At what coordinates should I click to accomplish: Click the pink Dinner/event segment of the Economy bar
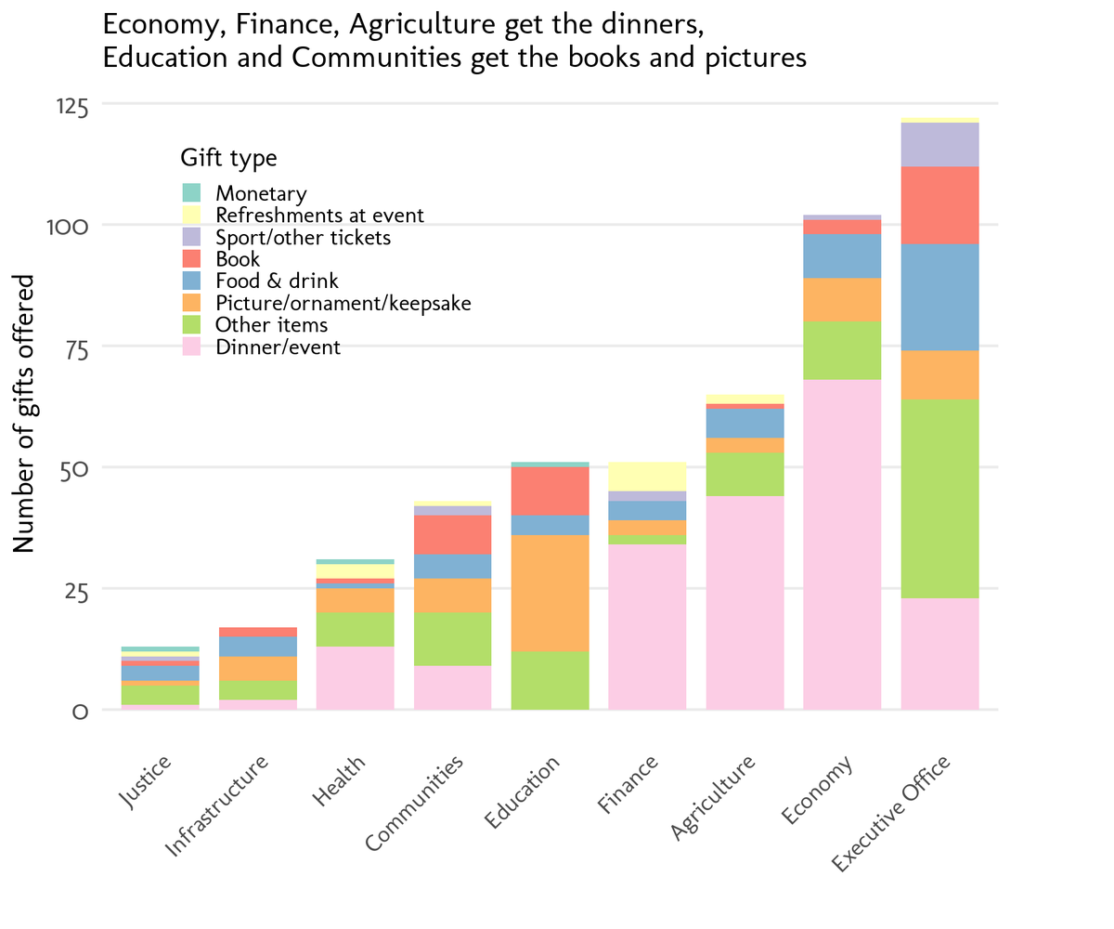pyautogui.click(x=842, y=544)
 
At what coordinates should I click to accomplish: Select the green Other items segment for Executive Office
pyautogui.click(x=939, y=498)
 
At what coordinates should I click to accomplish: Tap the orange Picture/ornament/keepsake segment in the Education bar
pyautogui.click(x=550, y=593)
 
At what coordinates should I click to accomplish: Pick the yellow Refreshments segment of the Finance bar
pyautogui.click(x=647, y=476)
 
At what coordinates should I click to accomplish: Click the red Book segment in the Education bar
pyautogui.click(x=550, y=491)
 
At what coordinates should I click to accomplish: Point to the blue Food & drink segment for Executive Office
pyautogui.click(x=939, y=296)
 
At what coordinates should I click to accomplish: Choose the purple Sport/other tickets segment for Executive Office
pyautogui.click(x=939, y=144)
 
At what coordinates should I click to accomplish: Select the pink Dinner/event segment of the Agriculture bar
pyautogui.click(x=745, y=602)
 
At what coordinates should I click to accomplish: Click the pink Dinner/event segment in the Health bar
pyautogui.click(x=355, y=677)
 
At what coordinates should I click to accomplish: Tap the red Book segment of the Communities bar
pyautogui.click(x=452, y=534)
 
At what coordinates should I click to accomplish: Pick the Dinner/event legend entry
pyautogui.click(x=278, y=348)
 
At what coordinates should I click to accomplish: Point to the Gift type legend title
pyautogui.click(x=228, y=158)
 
